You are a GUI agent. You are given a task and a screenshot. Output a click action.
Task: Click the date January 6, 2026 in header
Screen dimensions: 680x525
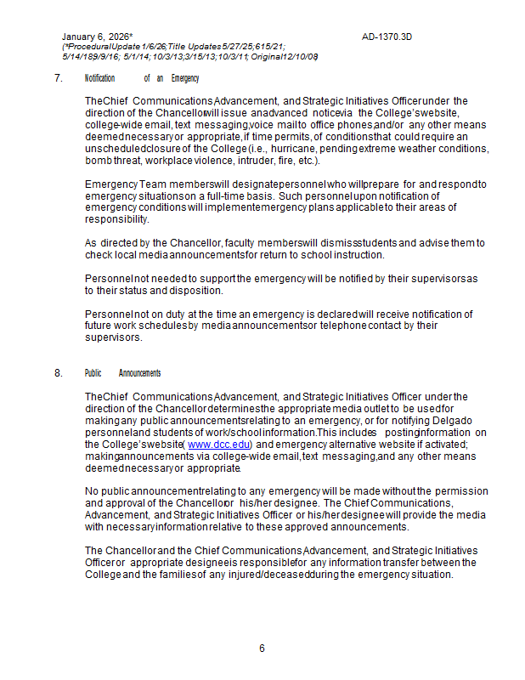point(95,37)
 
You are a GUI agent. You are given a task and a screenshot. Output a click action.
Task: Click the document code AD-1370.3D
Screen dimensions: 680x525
point(387,37)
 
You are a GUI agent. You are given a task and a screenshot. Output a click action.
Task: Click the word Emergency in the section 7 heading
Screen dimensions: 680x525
point(184,78)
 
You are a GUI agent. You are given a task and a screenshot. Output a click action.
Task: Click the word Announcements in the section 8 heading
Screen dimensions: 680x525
point(140,373)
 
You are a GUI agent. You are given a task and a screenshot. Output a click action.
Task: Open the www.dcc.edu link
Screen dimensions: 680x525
point(219,444)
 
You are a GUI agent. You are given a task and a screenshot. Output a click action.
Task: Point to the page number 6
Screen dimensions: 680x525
point(262,649)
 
